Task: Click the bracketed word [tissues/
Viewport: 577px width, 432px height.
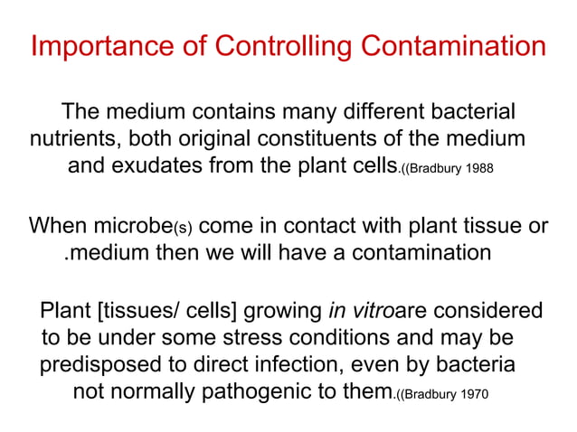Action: [x=134, y=313]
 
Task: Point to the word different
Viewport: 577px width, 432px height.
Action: [x=379, y=114]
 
